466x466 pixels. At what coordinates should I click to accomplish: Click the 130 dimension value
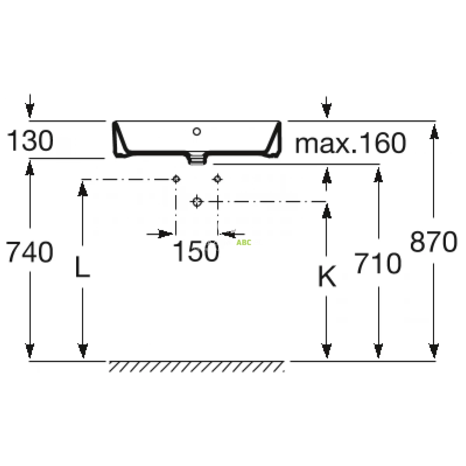(30, 140)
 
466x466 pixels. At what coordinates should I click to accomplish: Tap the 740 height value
(30, 252)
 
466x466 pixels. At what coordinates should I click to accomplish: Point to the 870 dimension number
(434, 241)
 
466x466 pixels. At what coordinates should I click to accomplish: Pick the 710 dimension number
(378, 263)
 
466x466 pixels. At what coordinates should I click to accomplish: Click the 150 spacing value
(196, 251)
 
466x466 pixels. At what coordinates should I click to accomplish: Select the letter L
(83, 266)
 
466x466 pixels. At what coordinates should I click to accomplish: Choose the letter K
(327, 276)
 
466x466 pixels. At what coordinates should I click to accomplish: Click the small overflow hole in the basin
(197, 132)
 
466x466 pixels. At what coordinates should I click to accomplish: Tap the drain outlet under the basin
(197, 158)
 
